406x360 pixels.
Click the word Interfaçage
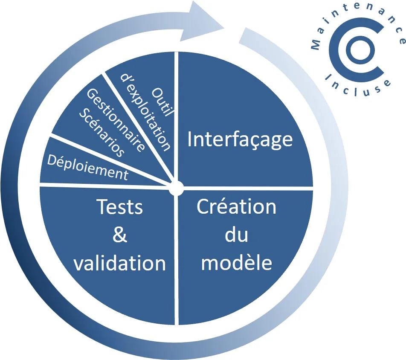click(240, 139)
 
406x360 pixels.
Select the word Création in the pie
click(236, 207)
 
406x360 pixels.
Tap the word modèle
click(236, 262)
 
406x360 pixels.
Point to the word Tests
click(119, 207)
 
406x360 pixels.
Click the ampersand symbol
click(119, 235)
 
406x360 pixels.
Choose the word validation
click(119, 263)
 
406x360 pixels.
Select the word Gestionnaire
click(116, 119)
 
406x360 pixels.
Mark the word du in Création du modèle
click(236, 235)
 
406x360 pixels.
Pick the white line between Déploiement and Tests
click(107, 185)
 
